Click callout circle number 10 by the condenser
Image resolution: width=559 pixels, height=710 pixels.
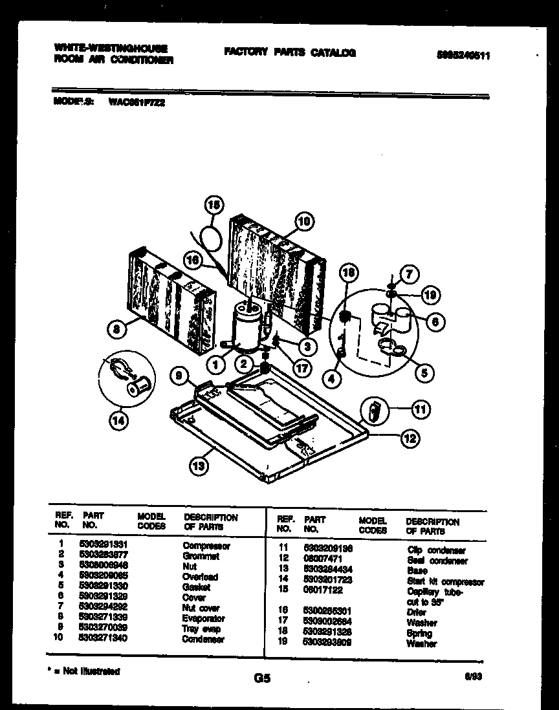303,221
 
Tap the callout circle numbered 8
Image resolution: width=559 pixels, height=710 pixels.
117,330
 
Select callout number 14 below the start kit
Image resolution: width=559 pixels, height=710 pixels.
118,421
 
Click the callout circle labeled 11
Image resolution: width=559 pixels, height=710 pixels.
421,409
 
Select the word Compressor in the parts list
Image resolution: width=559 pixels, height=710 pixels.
206,546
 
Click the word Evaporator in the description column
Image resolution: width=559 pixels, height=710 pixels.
204,618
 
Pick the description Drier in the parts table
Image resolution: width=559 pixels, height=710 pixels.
416,612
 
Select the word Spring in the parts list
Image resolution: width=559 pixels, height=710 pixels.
419,633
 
